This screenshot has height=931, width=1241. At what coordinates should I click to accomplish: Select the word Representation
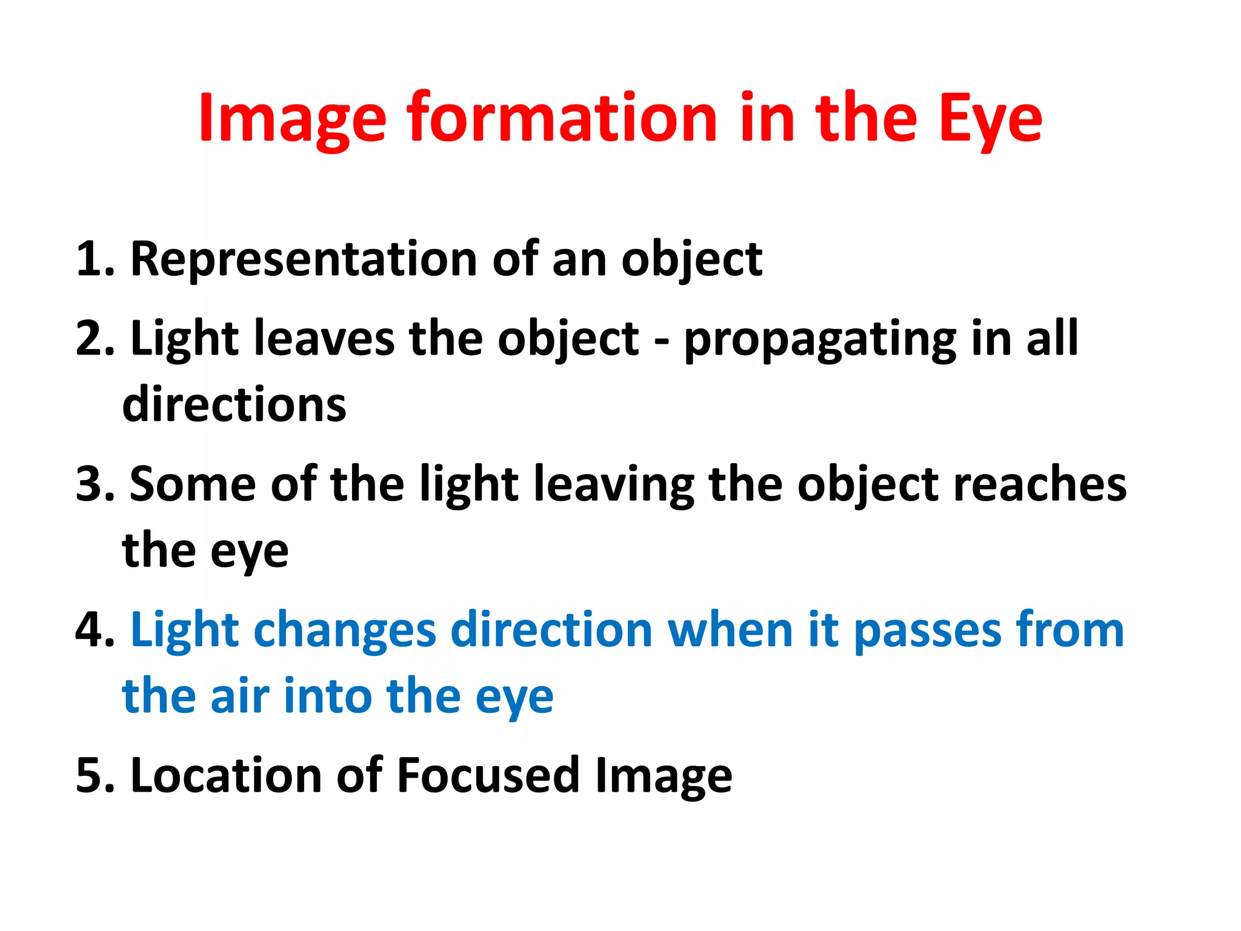pyautogui.click(x=303, y=259)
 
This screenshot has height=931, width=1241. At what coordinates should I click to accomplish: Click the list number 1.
pyautogui.click(x=94, y=259)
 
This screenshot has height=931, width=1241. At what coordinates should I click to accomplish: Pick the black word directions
pyautogui.click(x=234, y=404)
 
